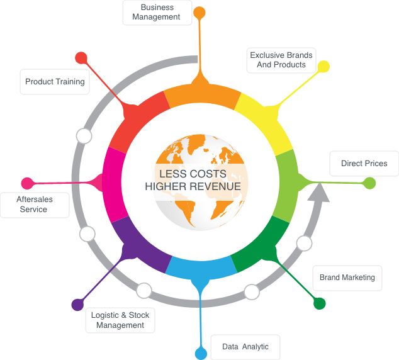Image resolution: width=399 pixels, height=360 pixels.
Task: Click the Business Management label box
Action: (x=157, y=13)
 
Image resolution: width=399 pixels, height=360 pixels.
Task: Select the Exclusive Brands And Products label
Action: (x=281, y=60)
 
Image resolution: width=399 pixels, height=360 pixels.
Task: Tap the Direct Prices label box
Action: (x=364, y=164)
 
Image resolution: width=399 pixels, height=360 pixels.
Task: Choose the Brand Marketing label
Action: (x=347, y=278)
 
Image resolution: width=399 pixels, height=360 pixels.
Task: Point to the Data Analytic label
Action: (x=245, y=347)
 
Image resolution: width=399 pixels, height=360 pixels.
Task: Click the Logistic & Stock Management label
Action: (x=120, y=320)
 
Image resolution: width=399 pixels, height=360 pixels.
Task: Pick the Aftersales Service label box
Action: (x=35, y=205)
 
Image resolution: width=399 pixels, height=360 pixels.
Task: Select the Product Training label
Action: (x=55, y=82)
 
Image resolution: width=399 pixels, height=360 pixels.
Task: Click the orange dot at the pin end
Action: (x=199, y=13)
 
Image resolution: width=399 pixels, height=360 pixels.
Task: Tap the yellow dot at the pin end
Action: (x=323, y=67)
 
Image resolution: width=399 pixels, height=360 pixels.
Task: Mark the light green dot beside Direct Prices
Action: (x=369, y=183)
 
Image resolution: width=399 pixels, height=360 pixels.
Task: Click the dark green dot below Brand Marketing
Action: (x=320, y=303)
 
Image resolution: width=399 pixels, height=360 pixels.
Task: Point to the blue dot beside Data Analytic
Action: (x=201, y=354)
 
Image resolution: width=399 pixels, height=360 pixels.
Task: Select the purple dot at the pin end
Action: (x=77, y=305)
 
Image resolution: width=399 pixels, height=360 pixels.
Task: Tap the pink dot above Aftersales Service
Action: (x=27, y=183)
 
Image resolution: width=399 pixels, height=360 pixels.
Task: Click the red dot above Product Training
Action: (x=81, y=58)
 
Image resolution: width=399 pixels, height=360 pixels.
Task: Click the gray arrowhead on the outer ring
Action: (x=318, y=193)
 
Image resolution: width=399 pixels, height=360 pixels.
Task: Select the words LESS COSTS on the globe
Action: (x=193, y=174)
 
